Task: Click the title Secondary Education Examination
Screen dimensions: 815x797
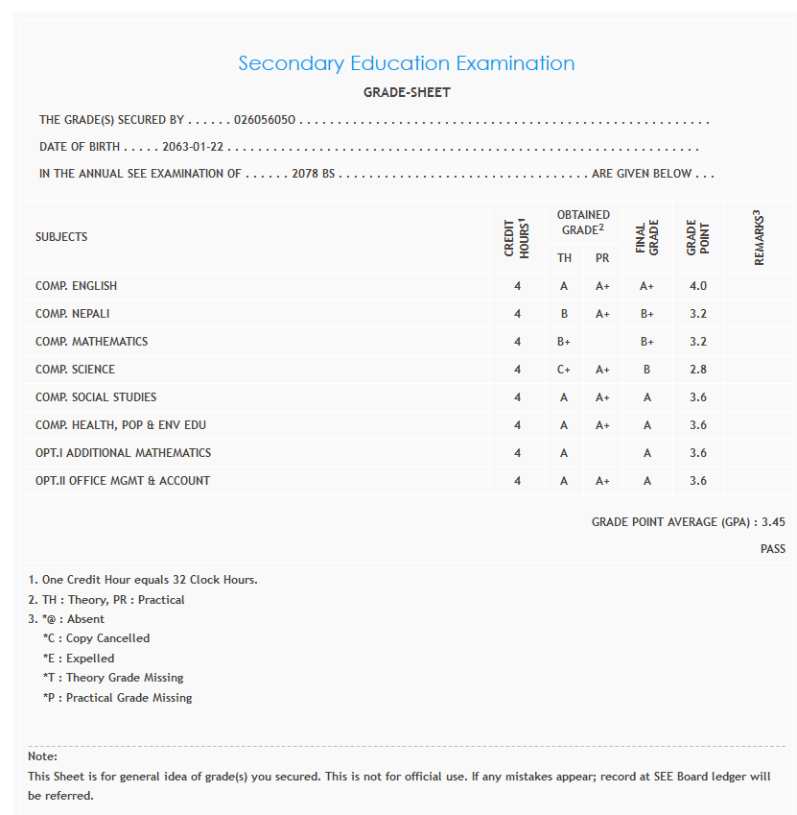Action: pyautogui.click(x=406, y=63)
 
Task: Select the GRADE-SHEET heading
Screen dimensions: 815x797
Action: pyautogui.click(x=407, y=93)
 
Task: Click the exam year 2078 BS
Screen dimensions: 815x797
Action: pyautogui.click(x=313, y=175)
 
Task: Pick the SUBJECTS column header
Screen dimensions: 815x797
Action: pyautogui.click(x=61, y=237)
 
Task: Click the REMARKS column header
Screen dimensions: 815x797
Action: pyautogui.click(x=759, y=237)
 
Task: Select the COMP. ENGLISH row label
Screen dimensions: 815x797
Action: pyautogui.click(x=77, y=286)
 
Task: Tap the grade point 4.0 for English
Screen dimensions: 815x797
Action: pyautogui.click(x=697, y=286)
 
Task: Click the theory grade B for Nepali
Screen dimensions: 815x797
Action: pyautogui.click(x=564, y=314)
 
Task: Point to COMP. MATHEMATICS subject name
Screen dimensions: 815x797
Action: pyautogui.click(x=92, y=342)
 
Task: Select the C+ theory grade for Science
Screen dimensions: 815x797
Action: pyautogui.click(x=564, y=370)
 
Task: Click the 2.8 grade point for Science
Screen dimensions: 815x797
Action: pyautogui.click(x=697, y=370)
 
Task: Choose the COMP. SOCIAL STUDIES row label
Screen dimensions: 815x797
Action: pyautogui.click(x=96, y=397)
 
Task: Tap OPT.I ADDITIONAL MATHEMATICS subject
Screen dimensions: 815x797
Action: pyautogui.click(x=124, y=453)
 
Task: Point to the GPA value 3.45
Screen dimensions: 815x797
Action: pyautogui.click(x=773, y=522)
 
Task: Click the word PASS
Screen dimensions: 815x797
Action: pyautogui.click(x=772, y=549)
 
